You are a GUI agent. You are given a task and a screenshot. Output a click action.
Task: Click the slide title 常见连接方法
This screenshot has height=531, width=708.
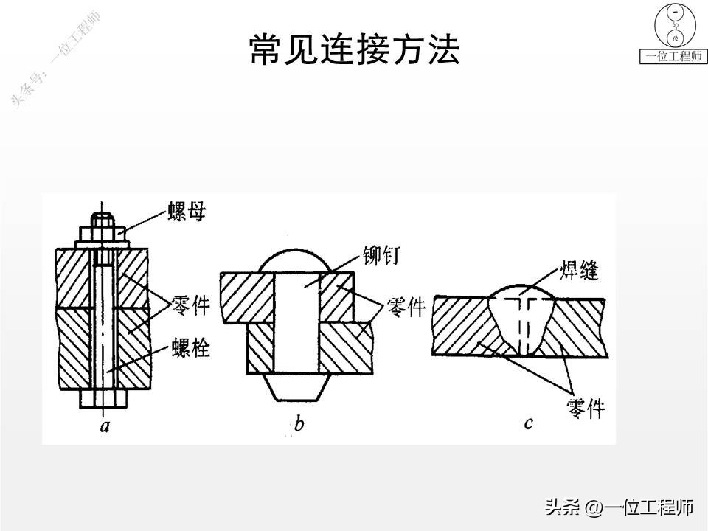click(x=354, y=51)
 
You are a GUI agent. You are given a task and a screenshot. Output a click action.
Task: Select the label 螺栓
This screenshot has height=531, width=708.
click(x=190, y=347)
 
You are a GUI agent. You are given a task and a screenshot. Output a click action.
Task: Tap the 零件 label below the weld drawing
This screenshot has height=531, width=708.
click(x=586, y=406)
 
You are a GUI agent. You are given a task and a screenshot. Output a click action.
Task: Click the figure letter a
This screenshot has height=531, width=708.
click(x=105, y=426)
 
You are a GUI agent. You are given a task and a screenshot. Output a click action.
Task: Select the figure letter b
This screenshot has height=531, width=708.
click(x=299, y=424)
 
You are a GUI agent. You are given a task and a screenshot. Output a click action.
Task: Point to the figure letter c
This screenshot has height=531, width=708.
click(x=528, y=423)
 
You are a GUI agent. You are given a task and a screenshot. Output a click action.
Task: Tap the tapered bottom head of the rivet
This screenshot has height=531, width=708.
click(x=295, y=388)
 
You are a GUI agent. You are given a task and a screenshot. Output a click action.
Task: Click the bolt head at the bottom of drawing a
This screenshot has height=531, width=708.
click(x=104, y=399)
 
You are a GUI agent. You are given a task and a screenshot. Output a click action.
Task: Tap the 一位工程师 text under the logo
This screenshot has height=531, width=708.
click(x=674, y=57)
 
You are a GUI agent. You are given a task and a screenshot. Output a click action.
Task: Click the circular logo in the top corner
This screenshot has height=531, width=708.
click(x=675, y=27)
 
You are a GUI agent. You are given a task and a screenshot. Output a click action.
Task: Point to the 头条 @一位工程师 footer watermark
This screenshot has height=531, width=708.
click(x=619, y=507)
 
